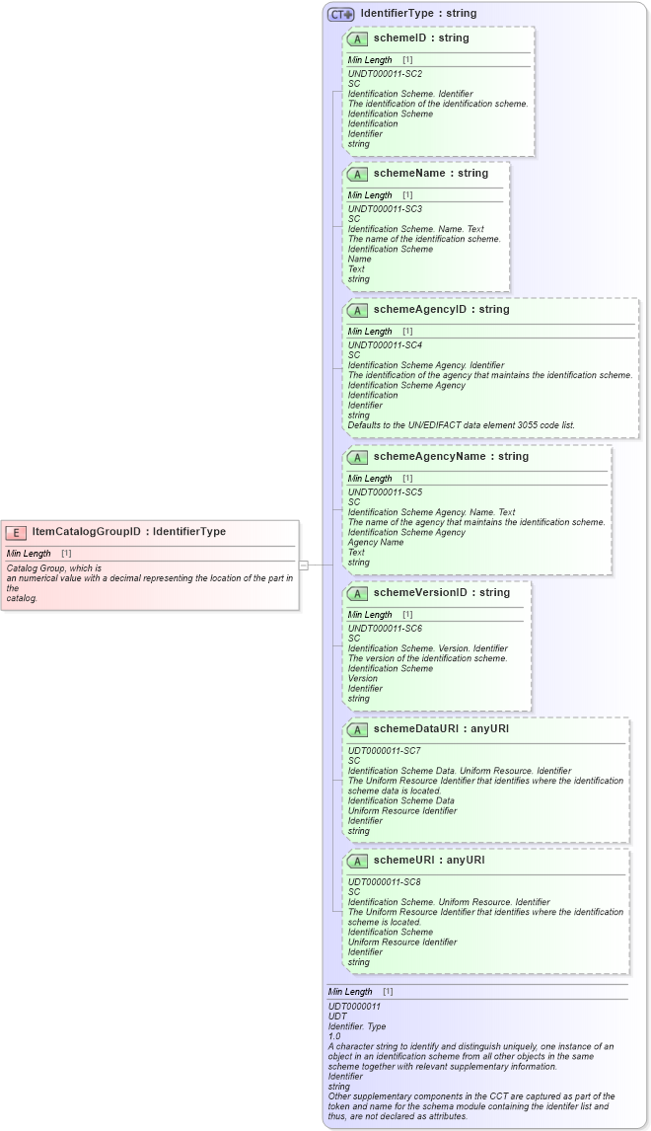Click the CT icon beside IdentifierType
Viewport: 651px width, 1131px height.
tap(341, 14)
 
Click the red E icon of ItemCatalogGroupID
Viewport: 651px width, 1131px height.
tap(16, 532)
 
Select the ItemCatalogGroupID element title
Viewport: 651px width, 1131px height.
tap(128, 532)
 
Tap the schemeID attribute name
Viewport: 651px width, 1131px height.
tap(421, 38)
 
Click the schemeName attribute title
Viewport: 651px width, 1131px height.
tap(431, 174)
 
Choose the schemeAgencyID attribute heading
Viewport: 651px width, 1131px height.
tap(441, 310)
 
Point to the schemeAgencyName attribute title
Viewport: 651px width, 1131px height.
tap(451, 457)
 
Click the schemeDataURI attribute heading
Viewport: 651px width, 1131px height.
tap(441, 729)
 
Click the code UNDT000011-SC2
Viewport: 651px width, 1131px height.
tap(385, 74)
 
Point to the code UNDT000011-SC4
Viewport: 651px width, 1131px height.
tap(385, 345)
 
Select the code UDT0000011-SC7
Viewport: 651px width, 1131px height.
tap(385, 751)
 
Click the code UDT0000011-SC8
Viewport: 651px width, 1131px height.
tap(385, 881)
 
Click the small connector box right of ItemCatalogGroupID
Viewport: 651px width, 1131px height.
tap(304, 565)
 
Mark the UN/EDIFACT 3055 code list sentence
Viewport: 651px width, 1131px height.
tap(461, 425)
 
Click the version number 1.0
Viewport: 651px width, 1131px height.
tap(334, 1036)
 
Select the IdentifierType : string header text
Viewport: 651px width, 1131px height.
tap(418, 14)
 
